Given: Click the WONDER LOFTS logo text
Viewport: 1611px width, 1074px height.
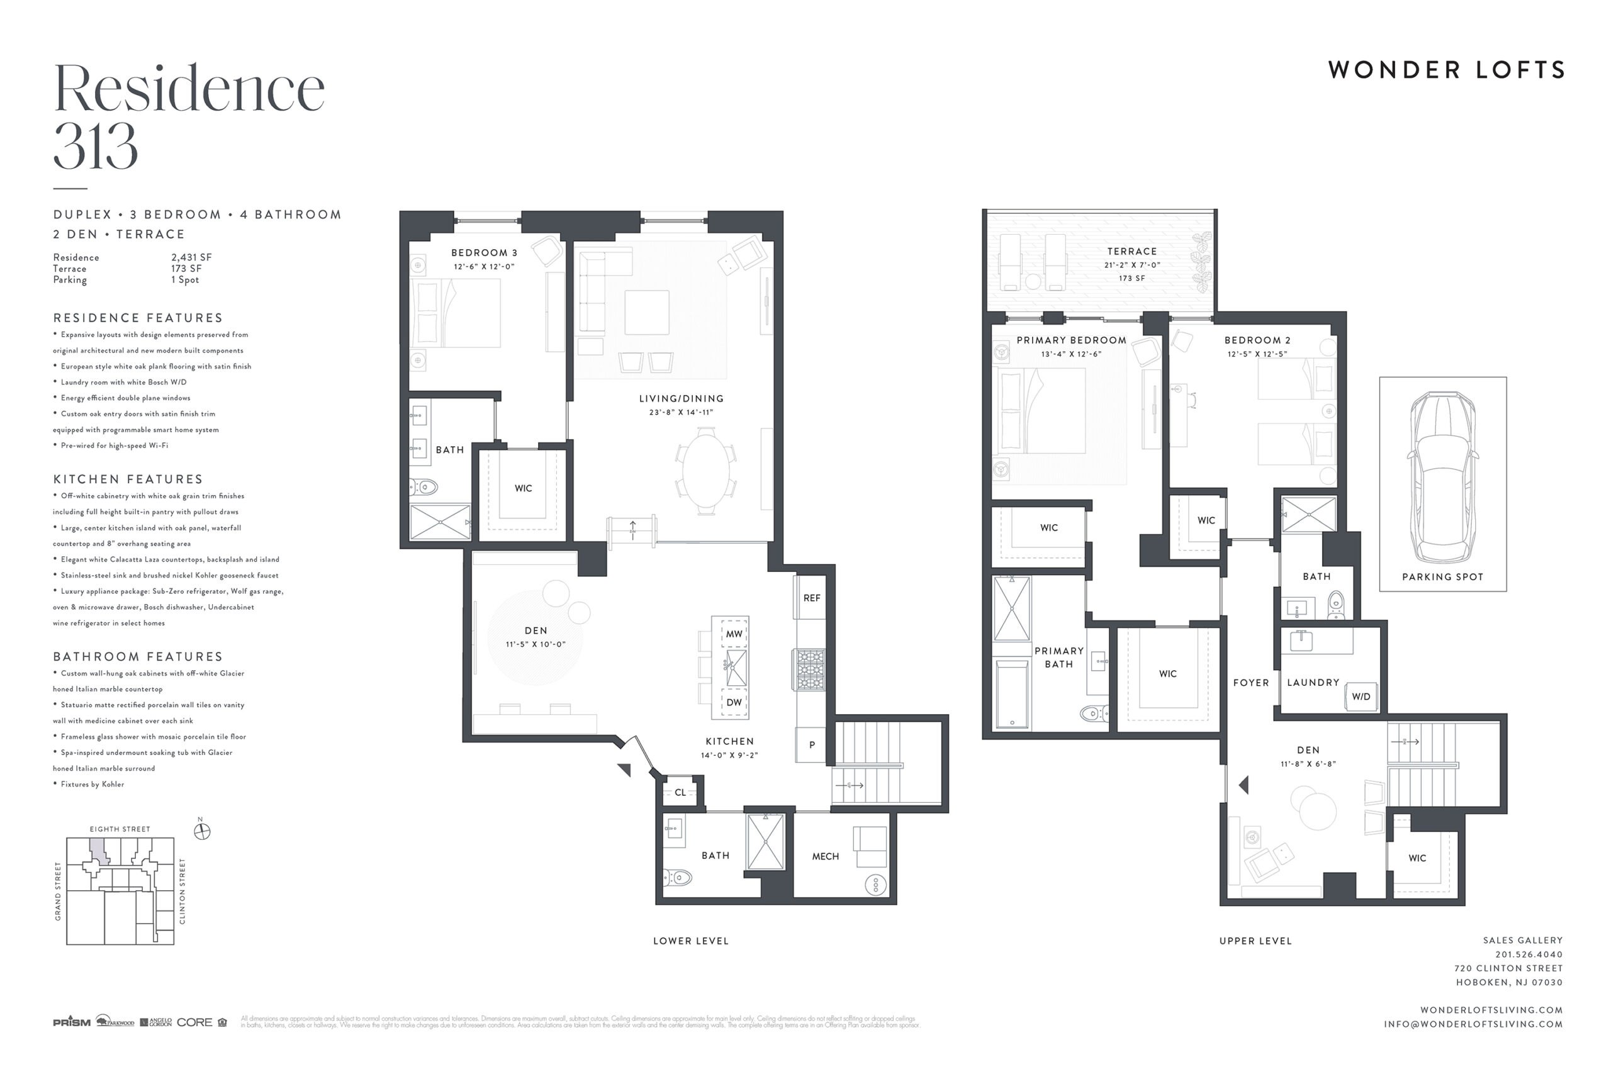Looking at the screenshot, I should (1446, 70).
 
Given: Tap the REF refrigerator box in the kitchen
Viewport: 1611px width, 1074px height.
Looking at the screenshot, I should (811, 598).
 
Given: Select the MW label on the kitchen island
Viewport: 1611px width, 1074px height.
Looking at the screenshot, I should (734, 634).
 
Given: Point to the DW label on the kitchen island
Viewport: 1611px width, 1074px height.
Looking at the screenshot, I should (734, 702).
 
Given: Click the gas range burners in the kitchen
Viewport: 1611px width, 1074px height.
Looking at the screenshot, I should (811, 669).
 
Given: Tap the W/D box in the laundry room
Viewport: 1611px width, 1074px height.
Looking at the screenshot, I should (1361, 696).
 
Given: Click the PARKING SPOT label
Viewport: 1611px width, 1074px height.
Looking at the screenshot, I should (1442, 577).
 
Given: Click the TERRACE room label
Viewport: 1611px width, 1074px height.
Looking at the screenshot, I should (1131, 252).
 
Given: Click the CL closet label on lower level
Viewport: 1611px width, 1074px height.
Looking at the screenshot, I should (680, 793).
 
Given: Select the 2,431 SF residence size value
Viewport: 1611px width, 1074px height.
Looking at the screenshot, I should (191, 257).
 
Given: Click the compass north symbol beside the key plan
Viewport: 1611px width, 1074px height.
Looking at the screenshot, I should (202, 832).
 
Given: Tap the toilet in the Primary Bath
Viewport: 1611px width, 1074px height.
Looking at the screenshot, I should (1094, 713).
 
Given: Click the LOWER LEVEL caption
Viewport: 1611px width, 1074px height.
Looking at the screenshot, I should (690, 941).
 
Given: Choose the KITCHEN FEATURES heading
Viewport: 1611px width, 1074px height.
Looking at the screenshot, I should (128, 479).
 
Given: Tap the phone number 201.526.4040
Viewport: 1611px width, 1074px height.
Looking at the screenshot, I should (1528, 954).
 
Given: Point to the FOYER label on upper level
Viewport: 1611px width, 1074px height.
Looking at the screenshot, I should (1250, 683).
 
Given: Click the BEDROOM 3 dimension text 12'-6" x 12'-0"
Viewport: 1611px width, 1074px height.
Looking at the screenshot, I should (483, 266).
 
